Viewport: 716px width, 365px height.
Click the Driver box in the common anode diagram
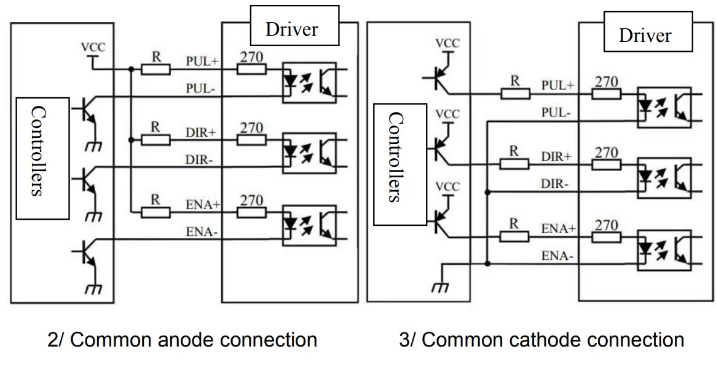coord(293,27)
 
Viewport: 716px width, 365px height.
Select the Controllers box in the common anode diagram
coord(42,157)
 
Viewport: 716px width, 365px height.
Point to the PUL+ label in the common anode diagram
coord(202,61)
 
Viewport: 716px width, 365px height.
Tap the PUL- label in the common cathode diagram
coord(556,113)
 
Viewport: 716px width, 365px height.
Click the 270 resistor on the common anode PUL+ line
coord(252,68)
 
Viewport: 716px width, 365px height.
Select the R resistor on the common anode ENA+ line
coord(156,212)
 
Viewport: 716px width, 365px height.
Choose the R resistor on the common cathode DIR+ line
coord(514,163)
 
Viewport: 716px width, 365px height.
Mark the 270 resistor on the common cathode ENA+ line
coord(606,237)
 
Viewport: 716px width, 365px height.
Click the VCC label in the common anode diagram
coord(93,47)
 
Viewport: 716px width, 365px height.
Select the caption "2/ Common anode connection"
coord(182,339)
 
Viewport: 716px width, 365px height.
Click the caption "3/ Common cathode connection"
coord(541,339)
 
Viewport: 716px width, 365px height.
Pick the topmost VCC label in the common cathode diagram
coord(447,43)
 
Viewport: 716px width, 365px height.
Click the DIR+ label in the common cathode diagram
coord(556,157)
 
